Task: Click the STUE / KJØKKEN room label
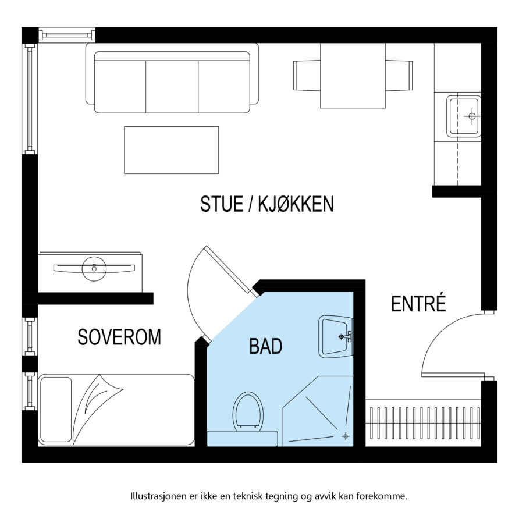pyautogui.click(x=267, y=205)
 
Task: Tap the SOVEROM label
pyautogui.click(x=119, y=337)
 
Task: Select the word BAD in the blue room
pyautogui.click(x=265, y=347)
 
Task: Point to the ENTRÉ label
pyautogui.click(x=418, y=304)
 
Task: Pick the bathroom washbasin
pyautogui.click(x=336, y=336)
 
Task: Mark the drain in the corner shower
pyautogui.click(x=346, y=436)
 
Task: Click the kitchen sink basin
pyautogui.click(x=464, y=116)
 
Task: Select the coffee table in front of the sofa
pyautogui.click(x=171, y=150)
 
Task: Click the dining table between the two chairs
pyautogui.click(x=353, y=76)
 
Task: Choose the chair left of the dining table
pyautogui.click(x=307, y=76)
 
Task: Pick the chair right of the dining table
pyautogui.click(x=399, y=76)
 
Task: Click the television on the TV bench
pyautogui.click(x=93, y=268)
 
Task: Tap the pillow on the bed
pyautogui.click(x=55, y=409)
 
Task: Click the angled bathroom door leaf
pyautogui.click(x=229, y=269)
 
